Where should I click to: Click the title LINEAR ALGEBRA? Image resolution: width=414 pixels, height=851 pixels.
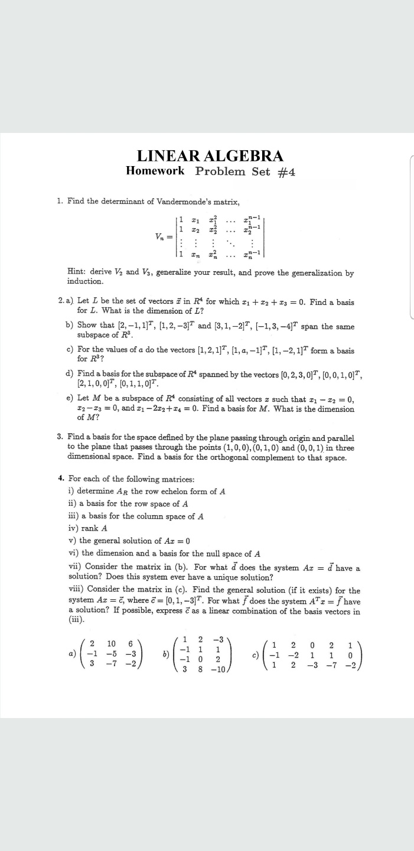(210, 156)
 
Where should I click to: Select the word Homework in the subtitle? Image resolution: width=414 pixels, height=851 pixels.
(155, 171)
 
